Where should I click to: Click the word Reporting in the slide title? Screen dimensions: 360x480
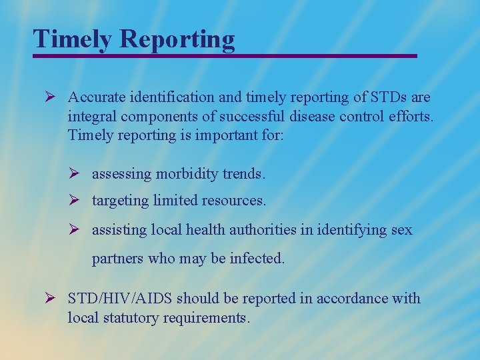(177, 39)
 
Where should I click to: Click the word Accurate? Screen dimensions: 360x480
(95, 98)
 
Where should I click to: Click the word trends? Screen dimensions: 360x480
(245, 174)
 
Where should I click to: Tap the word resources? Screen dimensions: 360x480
(235, 201)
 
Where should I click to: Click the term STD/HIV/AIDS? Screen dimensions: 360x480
(120, 299)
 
